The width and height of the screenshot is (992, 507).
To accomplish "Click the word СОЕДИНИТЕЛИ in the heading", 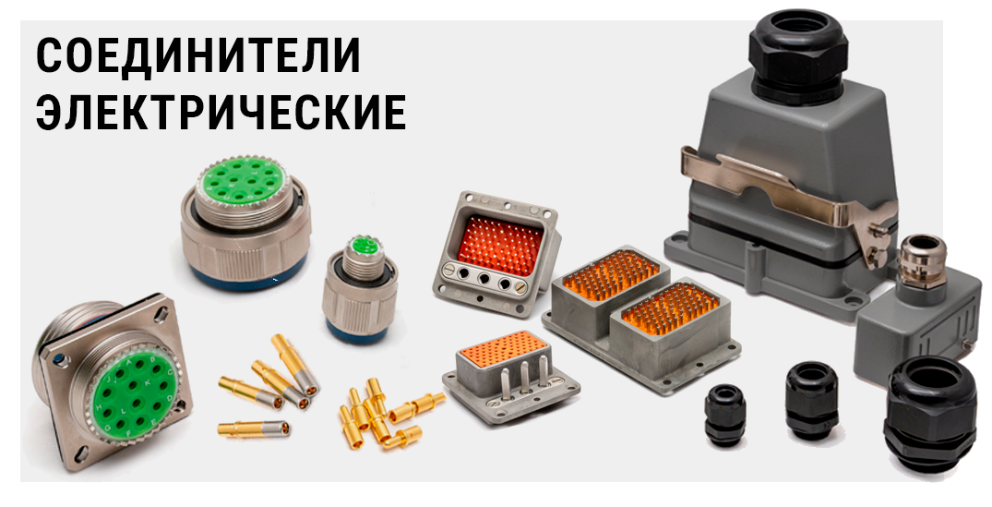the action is tap(198, 55).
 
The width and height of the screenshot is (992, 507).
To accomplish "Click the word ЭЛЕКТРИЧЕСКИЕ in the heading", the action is tap(221, 113).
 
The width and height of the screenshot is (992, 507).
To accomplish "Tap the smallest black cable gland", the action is tap(725, 416).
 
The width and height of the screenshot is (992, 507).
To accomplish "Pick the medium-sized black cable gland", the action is tap(812, 401).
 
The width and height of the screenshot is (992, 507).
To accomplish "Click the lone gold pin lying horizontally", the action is tap(254, 429).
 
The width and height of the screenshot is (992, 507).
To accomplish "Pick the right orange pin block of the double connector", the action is tap(671, 309).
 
